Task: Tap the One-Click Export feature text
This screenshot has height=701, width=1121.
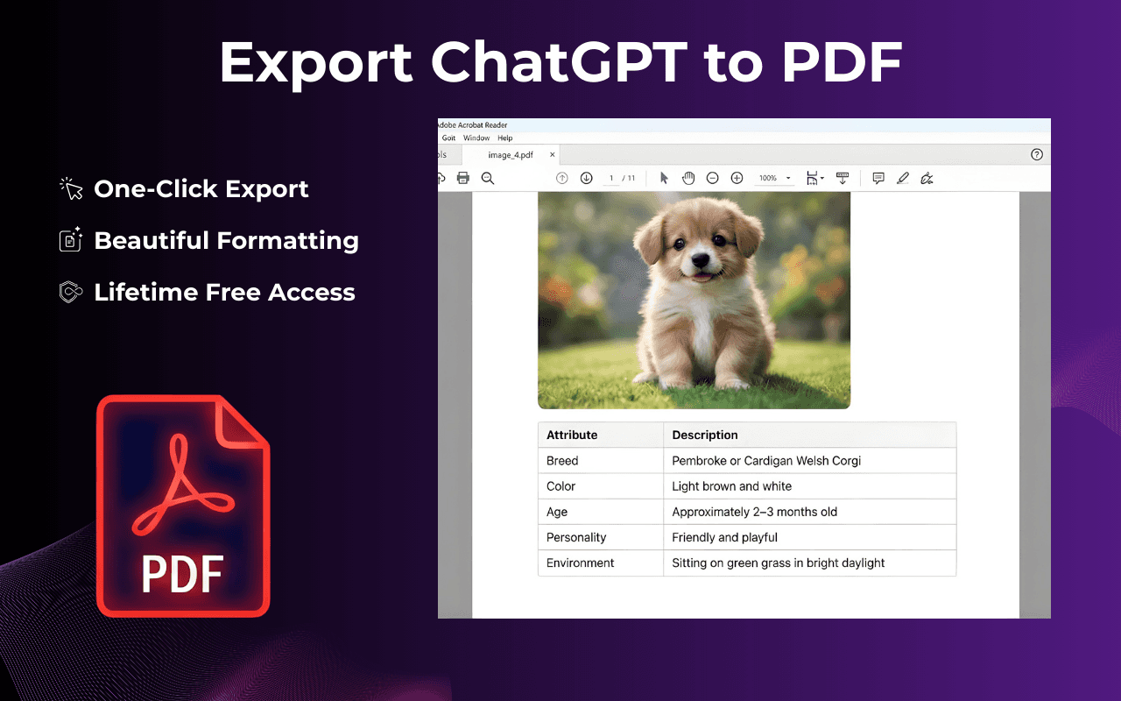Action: point(201,189)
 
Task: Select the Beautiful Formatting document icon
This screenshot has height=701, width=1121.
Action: point(70,240)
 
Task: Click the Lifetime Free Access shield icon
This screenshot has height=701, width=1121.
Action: point(70,292)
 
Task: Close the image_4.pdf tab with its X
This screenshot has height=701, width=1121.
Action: point(552,155)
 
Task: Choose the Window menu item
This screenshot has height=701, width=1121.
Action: point(476,138)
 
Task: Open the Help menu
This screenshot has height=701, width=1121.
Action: point(504,138)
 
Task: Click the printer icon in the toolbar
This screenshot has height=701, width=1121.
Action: point(463,178)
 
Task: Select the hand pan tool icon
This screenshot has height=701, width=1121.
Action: point(688,178)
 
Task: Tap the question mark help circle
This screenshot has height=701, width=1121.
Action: point(1037,155)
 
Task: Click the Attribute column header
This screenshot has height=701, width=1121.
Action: point(572,435)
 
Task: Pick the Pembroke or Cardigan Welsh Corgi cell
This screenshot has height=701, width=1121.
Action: point(766,461)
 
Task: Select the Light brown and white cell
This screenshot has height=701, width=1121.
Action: point(731,486)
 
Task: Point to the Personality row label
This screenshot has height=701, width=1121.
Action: point(576,537)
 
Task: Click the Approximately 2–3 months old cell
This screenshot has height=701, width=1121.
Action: point(755,512)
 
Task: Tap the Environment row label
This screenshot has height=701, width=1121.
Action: point(581,563)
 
